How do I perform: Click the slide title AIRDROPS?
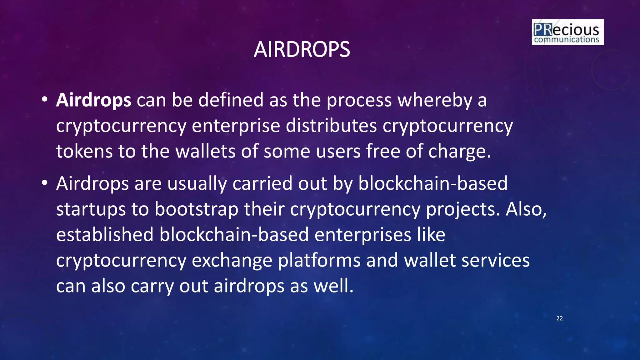pyautogui.click(x=302, y=50)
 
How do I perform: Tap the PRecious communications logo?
pyautogui.click(x=567, y=32)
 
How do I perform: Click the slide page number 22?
pyautogui.click(x=559, y=318)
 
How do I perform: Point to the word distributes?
pyautogui.click(x=331, y=126)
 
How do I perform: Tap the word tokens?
pyautogui.click(x=84, y=151)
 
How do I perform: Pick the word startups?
pyautogui.click(x=91, y=209)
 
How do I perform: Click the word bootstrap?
pyautogui.click(x=197, y=209)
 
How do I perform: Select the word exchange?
pyautogui.click(x=232, y=261)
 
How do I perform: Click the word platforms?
pyautogui.click(x=319, y=261)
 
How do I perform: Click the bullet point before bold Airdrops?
pyautogui.click(x=44, y=99)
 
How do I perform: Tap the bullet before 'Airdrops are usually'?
pyautogui.click(x=44, y=182)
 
